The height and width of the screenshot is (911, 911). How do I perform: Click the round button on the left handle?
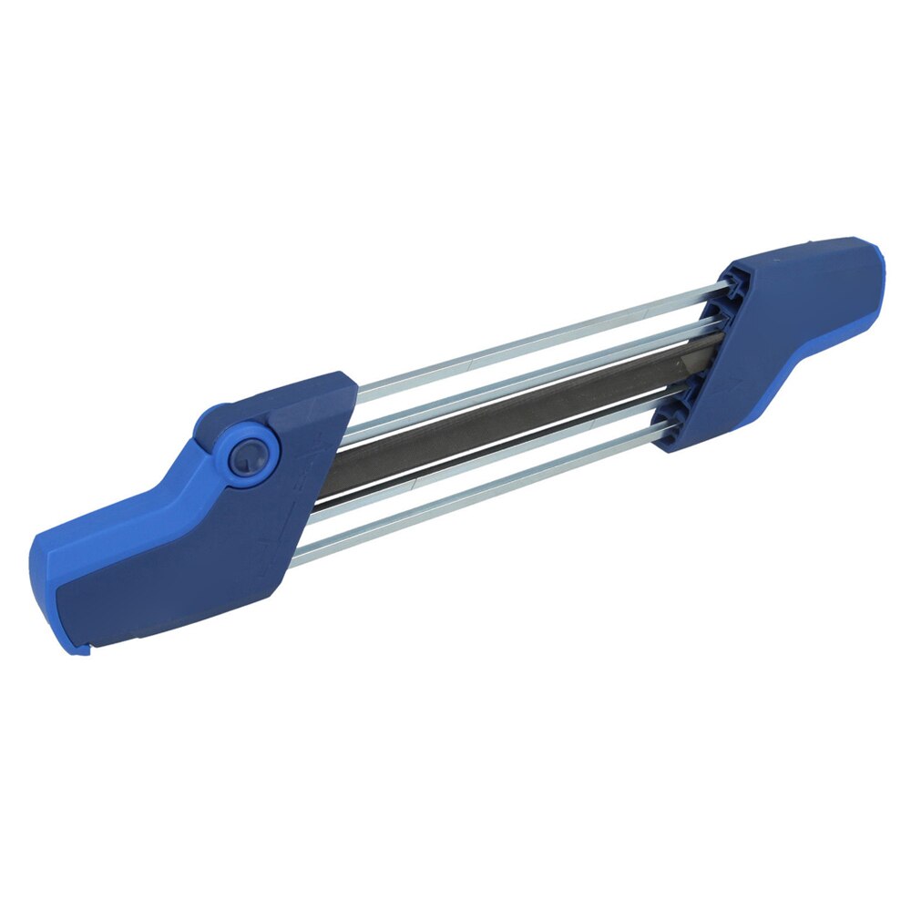point(250,453)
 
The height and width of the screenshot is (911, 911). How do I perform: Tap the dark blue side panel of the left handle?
point(173,583)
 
